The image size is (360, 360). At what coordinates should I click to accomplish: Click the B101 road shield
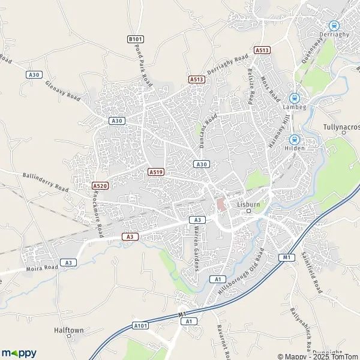pyautogui.click(x=135, y=40)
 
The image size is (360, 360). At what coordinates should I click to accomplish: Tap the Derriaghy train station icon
pyautogui.click(x=334, y=26)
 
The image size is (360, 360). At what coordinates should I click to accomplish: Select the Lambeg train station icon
pyautogui.click(x=294, y=98)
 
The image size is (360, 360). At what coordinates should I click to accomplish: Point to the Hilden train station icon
pyautogui.click(x=294, y=139)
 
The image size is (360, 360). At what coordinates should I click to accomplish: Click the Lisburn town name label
pyautogui.click(x=248, y=204)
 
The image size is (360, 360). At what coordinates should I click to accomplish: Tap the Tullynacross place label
pyautogui.click(x=340, y=127)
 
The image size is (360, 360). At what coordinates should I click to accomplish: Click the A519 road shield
pyautogui.click(x=156, y=172)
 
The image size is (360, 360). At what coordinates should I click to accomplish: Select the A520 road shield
pyautogui.click(x=100, y=187)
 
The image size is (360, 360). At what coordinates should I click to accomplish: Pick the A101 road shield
pyautogui.click(x=140, y=326)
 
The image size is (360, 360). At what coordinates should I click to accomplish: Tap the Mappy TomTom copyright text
pyautogui.click(x=316, y=355)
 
